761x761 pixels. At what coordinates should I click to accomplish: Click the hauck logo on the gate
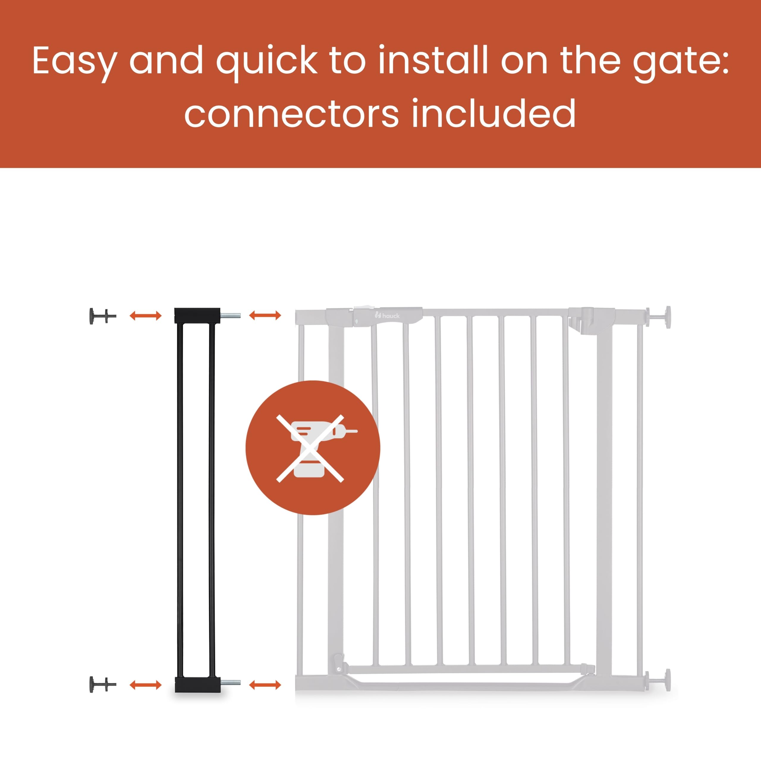(387, 315)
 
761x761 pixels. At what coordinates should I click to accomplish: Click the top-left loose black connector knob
(103, 316)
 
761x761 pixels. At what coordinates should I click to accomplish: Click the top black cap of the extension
(197, 315)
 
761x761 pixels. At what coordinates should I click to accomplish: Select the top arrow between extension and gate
(265, 315)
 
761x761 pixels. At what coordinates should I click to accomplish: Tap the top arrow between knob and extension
(146, 315)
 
